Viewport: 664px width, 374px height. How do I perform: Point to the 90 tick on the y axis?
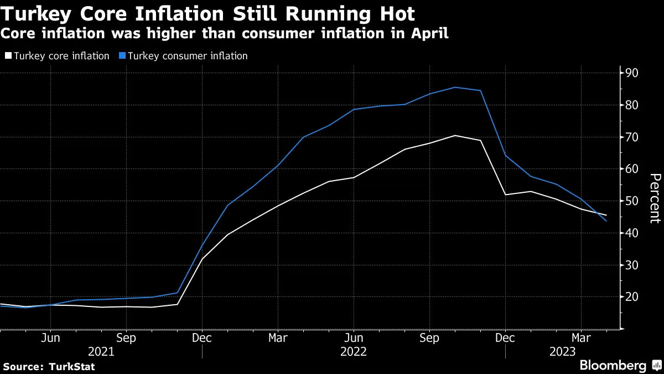[x=632, y=73]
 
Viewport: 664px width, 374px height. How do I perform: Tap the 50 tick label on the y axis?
[x=632, y=201]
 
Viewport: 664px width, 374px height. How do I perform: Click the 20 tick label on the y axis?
[x=632, y=297]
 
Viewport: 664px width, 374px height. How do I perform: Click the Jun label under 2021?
[x=50, y=338]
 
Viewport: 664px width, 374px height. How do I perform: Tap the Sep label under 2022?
[x=429, y=338]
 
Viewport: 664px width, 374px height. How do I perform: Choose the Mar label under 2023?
[x=581, y=338]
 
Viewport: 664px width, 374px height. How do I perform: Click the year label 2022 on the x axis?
[x=354, y=351]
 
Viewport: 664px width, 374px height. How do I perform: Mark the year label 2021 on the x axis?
[x=101, y=351]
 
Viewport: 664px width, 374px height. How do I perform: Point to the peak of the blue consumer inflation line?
[x=455, y=87]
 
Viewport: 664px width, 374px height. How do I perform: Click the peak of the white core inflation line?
[x=455, y=135]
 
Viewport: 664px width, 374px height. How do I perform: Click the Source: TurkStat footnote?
[x=49, y=366]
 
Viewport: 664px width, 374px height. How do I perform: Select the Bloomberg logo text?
[x=613, y=365]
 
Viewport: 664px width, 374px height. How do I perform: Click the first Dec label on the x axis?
[x=202, y=338]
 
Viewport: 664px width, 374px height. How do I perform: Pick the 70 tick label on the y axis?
[x=632, y=137]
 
